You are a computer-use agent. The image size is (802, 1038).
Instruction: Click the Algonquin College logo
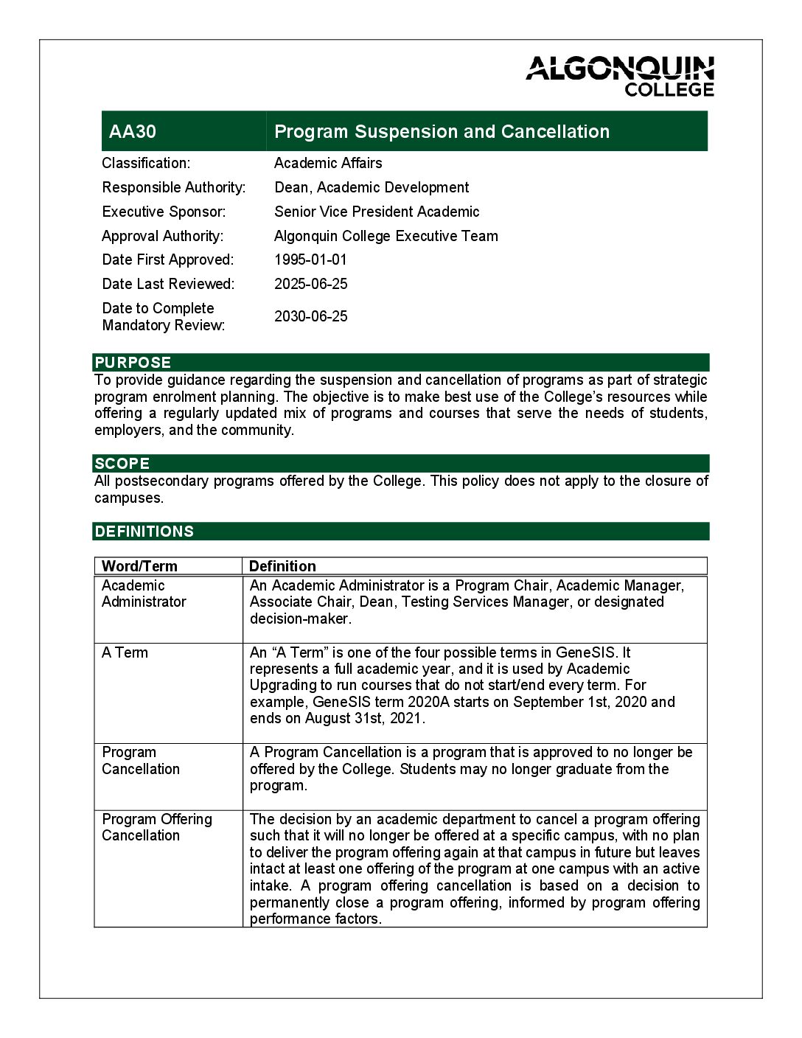click(x=620, y=76)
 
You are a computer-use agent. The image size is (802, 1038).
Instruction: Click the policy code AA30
click(x=133, y=132)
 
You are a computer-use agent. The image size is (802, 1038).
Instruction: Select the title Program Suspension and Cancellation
click(x=442, y=132)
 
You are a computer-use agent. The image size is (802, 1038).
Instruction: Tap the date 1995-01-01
click(x=310, y=259)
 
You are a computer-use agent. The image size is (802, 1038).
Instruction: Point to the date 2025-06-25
click(x=310, y=284)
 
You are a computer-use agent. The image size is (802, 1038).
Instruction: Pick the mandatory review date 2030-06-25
click(x=310, y=316)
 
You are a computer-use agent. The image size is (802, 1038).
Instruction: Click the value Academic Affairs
click(x=328, y=163)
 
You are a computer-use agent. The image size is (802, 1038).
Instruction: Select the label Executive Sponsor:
click(x=164, y=212)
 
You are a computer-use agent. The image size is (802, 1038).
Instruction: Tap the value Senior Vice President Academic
click(x=377, y=212)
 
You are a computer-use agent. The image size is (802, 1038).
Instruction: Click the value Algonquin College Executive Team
click(x=386, y=236)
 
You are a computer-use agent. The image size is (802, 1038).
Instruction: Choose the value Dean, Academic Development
click(x=372, y=187)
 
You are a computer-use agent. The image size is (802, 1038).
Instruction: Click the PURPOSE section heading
click(x=133, y=363)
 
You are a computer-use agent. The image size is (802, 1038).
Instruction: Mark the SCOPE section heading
click(x=122, y=464)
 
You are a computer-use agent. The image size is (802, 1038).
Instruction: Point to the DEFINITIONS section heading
click(x=144, y=532)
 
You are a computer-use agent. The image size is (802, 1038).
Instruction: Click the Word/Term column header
click(x=139, y=566)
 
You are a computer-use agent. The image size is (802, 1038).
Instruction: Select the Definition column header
click(x=282, y=566)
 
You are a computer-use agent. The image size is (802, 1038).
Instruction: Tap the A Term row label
click(x=125, y=652)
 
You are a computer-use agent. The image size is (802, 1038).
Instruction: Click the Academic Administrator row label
click(x=144, y=593)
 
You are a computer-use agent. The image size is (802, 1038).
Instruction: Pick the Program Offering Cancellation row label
click(x=156, y=827)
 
